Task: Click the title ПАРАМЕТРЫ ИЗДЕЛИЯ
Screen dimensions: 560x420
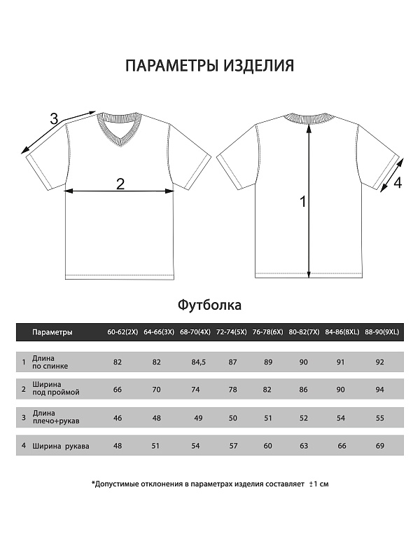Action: [x=209, y=66]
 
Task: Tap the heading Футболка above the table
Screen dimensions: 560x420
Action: [x=209, y=305]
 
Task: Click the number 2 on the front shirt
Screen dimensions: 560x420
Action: [x=120, y=184]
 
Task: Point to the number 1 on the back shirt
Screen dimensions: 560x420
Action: [x=303, y=202]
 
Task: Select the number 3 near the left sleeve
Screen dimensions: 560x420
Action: [x=54, y=119]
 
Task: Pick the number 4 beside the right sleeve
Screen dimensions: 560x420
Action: [x=398, y=184]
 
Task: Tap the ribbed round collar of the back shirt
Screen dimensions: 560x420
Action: [x=309, y=119]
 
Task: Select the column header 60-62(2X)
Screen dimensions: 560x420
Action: [x=121, y=332]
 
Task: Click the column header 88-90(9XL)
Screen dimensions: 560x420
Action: [x=381, y=332]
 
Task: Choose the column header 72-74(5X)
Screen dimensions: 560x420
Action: [x=230, y=332]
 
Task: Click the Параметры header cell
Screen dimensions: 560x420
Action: [x=52, y=332]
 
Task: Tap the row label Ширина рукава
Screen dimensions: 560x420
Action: [x=60, y=445]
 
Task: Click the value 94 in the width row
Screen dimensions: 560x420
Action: [x=380, y=389]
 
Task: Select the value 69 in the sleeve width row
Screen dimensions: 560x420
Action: [x=380, y=445]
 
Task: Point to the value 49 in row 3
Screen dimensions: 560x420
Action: [x=198, y=418]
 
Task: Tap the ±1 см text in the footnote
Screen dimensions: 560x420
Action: [x=318, y=484]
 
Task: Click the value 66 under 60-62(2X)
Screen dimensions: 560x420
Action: [x=118, y=389]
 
